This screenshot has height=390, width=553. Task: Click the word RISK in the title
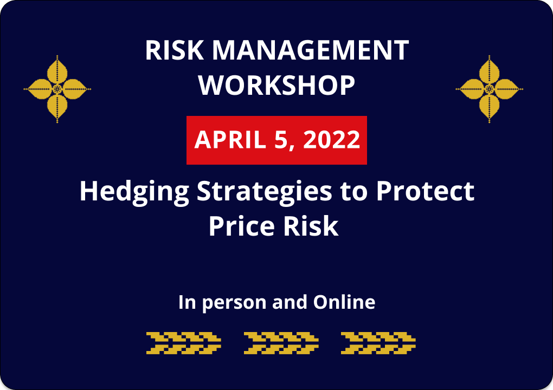pos(174,50)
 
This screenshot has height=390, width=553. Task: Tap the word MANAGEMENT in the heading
pos(310,50)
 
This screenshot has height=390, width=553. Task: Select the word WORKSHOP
pos(276,85)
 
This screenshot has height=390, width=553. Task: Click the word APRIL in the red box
pos(230,140)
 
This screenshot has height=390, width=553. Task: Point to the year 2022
pos(331,140)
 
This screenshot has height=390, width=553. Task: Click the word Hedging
pos(134,192)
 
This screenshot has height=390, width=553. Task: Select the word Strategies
pos(265,192)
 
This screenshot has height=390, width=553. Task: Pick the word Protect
pos(426,191)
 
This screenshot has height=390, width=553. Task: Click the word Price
pos(241,226)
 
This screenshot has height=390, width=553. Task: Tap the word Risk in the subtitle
pos(311,226)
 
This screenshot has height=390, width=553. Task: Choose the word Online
pos(344,302)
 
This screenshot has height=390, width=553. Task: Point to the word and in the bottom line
pos(290,302)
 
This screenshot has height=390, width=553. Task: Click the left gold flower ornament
pos(57,89)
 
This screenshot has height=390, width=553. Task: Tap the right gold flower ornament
pos(489,89)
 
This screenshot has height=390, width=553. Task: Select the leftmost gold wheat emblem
pos(184,343)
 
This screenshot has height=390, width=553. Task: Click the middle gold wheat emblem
pos(281,343)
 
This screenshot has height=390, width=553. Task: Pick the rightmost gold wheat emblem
pos(378,343)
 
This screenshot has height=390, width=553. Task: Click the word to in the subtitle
pos(354,192)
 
